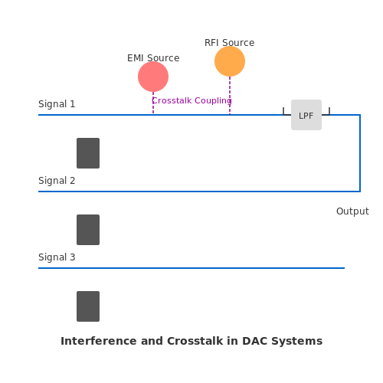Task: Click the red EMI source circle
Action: pos(153,77)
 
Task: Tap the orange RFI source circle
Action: pos(230,61)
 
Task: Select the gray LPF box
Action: pos(306,115)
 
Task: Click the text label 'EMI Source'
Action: pos(153,58)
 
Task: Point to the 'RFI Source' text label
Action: pos(230,43)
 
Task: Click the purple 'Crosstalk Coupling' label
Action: pos(191,100)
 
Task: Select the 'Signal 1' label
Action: pos(57,104)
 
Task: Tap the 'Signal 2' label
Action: pos(57,181)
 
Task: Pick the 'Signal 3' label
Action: pos(57,257)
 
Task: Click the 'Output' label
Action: pos(352,211)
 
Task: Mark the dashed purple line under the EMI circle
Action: pos(153,103)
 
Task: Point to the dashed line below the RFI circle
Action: pos(230,96)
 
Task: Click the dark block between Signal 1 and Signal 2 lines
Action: pos(88,153)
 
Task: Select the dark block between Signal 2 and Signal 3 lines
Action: pos(88,230)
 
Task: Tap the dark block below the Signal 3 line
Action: pos(88,306)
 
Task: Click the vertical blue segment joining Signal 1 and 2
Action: pos(360,153)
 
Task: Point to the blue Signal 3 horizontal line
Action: pos(191,268)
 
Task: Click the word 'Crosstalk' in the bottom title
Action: pos(195,341)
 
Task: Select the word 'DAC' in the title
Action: pos(254,341)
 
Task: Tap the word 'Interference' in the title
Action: pos(99,341)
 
